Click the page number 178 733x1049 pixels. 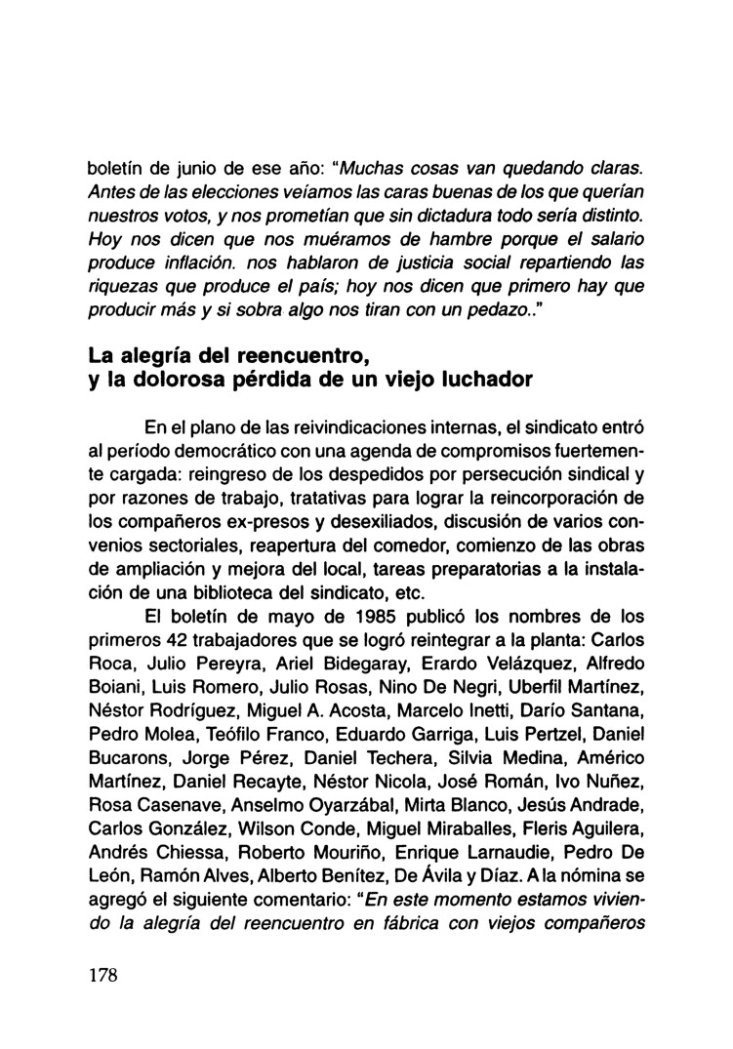coord(102,979)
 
